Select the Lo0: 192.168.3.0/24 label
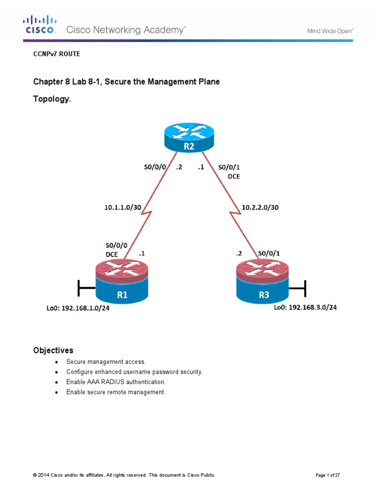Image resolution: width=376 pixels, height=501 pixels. [x=305, y=308]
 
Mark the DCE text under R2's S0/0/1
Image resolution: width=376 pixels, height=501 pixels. [x=235, y=176]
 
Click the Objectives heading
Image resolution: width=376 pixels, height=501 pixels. [x=53, y=350]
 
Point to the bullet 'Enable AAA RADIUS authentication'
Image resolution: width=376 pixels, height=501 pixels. [x=116, y=382]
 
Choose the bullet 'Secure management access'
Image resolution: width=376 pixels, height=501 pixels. [x=106, y=362]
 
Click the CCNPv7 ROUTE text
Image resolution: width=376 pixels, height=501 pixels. [x=56, y=54]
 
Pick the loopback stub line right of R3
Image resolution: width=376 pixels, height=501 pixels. [x=298, y=288]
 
